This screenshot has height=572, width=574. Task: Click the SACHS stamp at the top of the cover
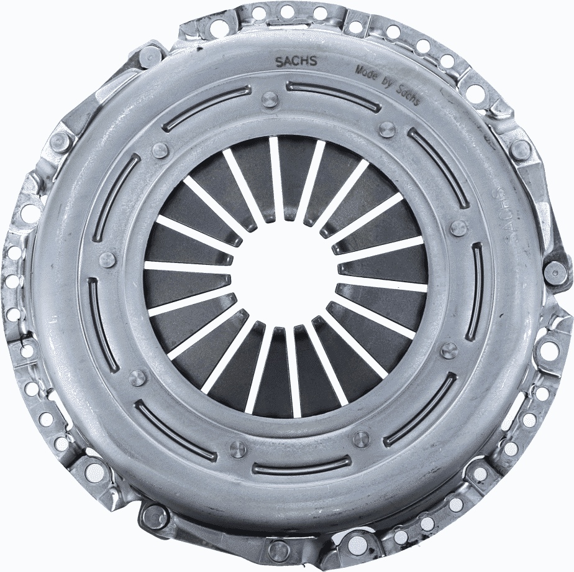295,61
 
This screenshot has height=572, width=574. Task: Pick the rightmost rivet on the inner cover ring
458,228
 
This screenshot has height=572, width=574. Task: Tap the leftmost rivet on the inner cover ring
107,259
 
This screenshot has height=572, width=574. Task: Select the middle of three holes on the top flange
287,11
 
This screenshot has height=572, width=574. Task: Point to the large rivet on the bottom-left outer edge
153,516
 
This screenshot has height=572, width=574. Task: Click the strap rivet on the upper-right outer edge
520,149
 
